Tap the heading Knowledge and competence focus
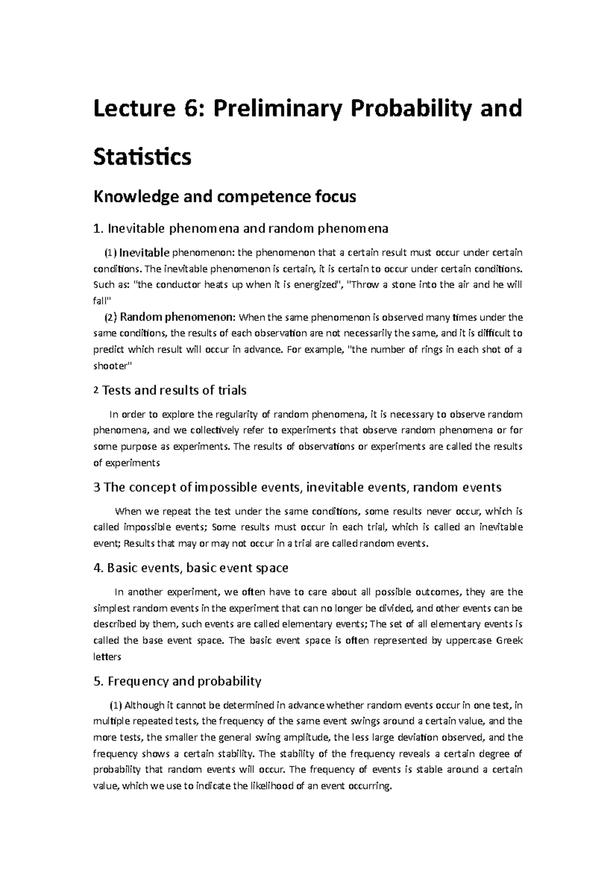pyautogui.click(x=224, y=197)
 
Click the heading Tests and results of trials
pyautogui.click(x=175, y=390)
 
